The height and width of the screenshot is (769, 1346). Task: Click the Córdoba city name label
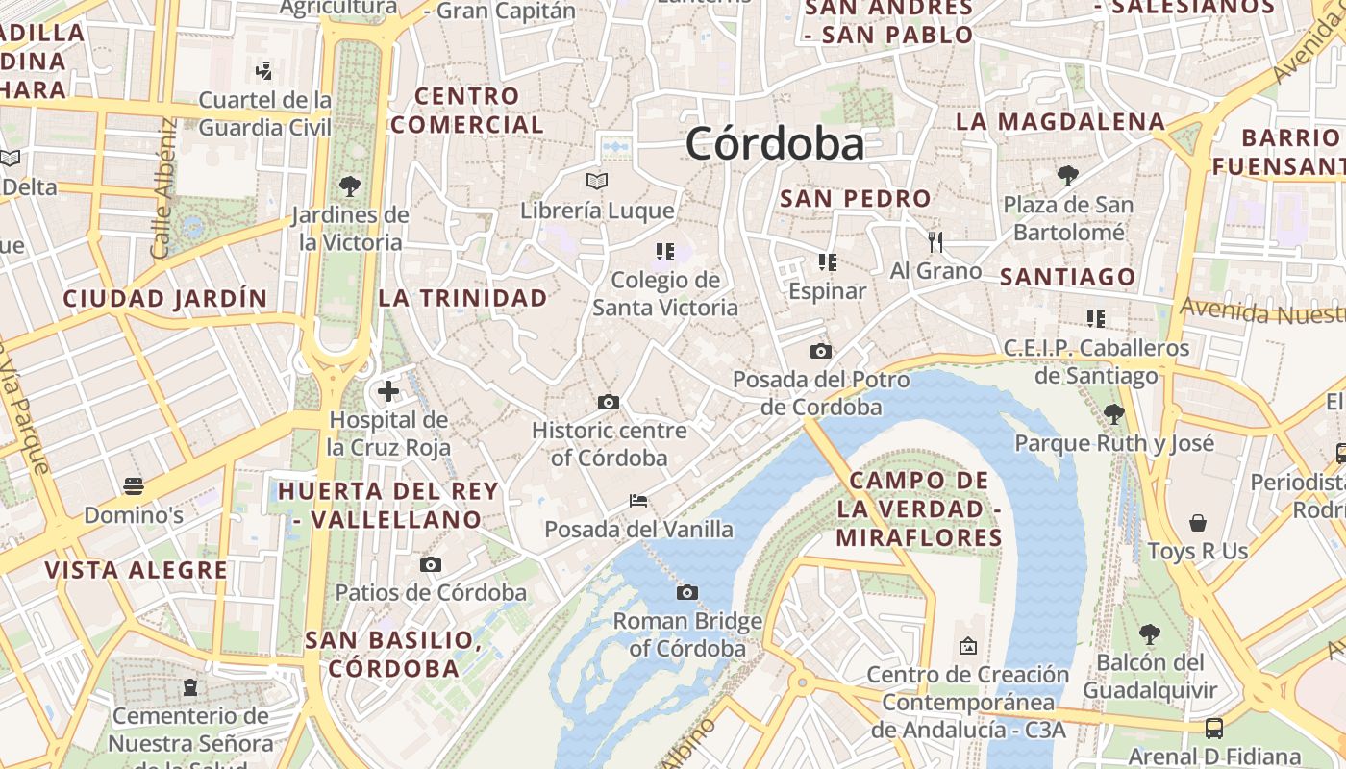[775, 144]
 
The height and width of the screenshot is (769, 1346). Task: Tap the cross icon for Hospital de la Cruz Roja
[388, 391]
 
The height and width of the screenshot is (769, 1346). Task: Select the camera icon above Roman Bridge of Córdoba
[686, 592]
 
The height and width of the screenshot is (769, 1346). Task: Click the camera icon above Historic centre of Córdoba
[608, 402]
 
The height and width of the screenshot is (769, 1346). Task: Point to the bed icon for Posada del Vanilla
[637, 501]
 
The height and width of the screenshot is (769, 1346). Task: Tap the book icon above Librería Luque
[597, 181]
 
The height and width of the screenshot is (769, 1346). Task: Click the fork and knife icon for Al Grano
[935, 241]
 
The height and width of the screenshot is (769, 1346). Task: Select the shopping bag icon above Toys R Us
[1197, 523]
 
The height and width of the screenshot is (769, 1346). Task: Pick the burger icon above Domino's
[133, 486]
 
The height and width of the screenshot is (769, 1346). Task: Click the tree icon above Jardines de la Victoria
[349, 186]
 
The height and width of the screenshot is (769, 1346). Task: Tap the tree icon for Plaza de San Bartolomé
[1067, 175]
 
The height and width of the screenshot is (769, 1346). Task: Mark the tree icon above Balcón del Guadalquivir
[1149, 633]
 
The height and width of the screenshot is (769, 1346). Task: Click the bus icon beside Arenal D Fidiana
[1214, 728]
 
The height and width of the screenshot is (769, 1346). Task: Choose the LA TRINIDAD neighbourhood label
[462, 298]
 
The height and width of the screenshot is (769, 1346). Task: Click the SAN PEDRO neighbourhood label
[856, 199]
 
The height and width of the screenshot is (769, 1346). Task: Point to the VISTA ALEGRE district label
[137, 570]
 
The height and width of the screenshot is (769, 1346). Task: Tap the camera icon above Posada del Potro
[820, 351]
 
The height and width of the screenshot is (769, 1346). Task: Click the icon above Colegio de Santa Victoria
[664, 252]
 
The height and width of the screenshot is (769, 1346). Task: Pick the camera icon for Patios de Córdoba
[431, 564]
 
